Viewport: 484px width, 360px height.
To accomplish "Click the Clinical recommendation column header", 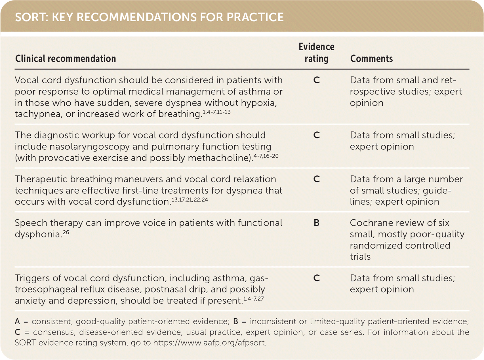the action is (x=66, y=58).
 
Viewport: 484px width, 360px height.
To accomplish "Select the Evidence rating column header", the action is (x=316, y=52).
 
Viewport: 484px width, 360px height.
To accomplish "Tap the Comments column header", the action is (x=371, y=58).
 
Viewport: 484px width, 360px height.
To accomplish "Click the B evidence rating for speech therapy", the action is (x=316, y=223).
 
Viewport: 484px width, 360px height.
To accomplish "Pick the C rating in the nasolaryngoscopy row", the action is (x=316, y=135).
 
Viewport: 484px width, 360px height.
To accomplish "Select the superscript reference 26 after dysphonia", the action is (x=66, y=232).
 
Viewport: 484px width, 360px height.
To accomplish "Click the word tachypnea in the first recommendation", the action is (x=38, y=114).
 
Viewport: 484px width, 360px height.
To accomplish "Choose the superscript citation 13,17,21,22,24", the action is (x=190, y=200).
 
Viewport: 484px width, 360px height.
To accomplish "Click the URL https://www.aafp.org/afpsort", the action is (x=209, y=343).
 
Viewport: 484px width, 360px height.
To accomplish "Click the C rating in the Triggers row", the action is (x=316, y=278).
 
